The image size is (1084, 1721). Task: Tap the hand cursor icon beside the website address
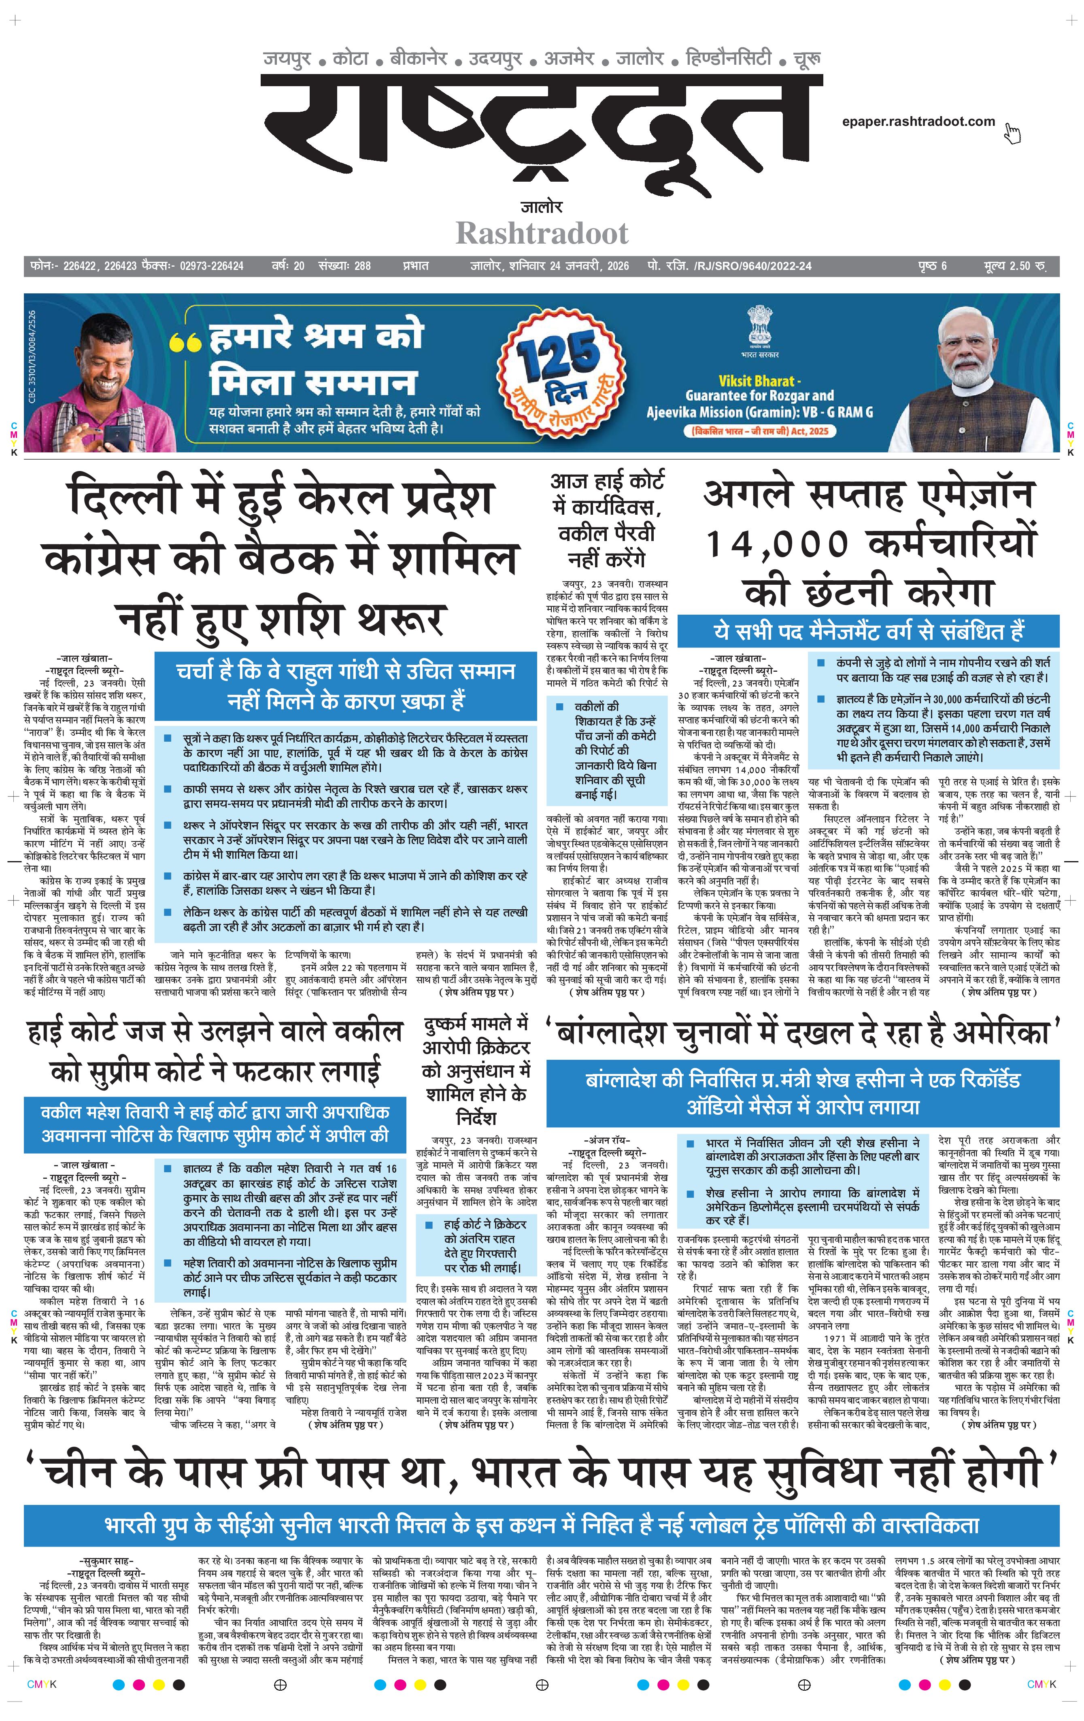coord(1012,133)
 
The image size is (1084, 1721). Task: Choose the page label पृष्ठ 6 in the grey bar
coord(933,266)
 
